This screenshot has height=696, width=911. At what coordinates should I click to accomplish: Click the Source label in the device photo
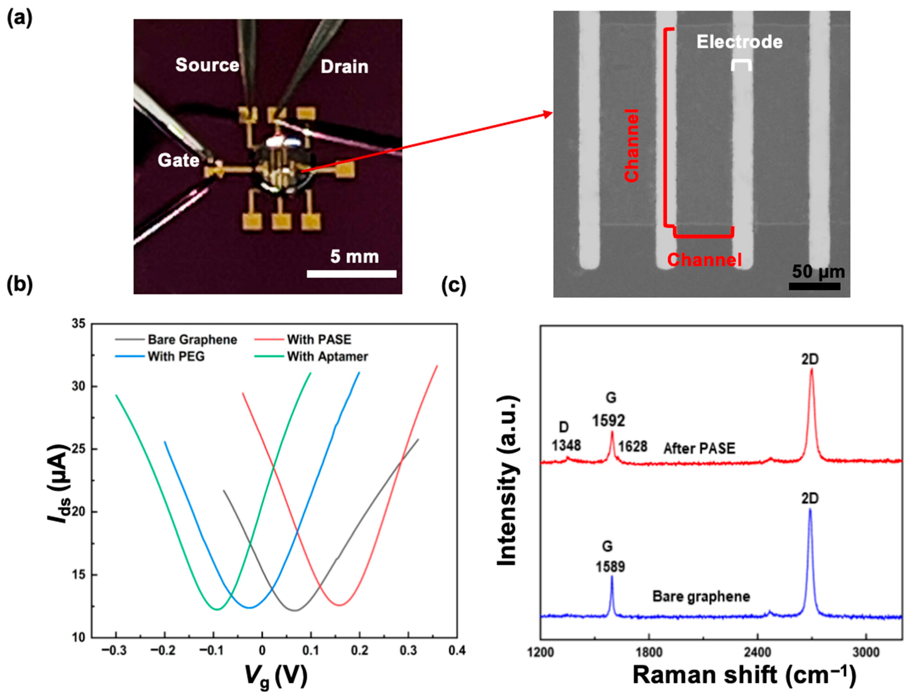pos(207,65)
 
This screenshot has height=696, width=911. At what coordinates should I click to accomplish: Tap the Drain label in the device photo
pos(344,67)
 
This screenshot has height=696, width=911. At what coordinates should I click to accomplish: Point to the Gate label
pos(179,160)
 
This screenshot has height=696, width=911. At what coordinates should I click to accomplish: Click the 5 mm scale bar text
pos(354,257)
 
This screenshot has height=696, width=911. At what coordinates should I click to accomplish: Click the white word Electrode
pos(740,42)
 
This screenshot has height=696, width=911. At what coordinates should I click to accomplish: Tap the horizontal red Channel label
pos(704,260)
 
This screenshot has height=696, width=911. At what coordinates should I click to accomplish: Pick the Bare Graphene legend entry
pos(192,340)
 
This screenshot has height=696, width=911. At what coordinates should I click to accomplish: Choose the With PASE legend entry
pos(319,340)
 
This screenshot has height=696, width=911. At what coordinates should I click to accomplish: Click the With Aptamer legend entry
pos(327,357)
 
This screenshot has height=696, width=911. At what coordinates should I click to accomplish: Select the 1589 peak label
pos(610,567)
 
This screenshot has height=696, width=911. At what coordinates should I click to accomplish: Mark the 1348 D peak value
pos(566,445)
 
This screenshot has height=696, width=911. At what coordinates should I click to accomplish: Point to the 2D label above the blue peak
pos(810,498)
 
